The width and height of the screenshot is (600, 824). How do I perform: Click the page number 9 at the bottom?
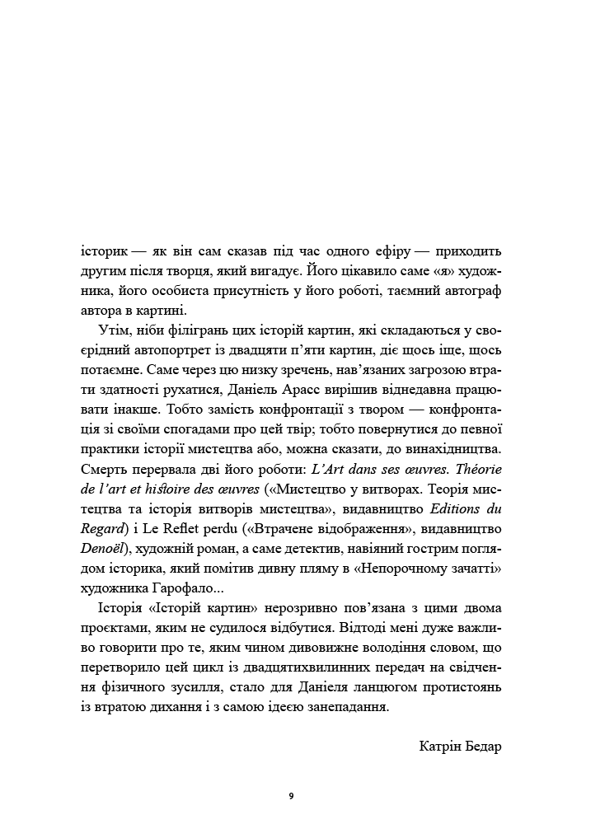point(291,796)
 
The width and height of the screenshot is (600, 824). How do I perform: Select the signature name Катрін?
point(445,747)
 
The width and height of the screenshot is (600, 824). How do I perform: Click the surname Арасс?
point(307,390)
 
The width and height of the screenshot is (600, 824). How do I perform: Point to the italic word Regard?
point(107,529)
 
